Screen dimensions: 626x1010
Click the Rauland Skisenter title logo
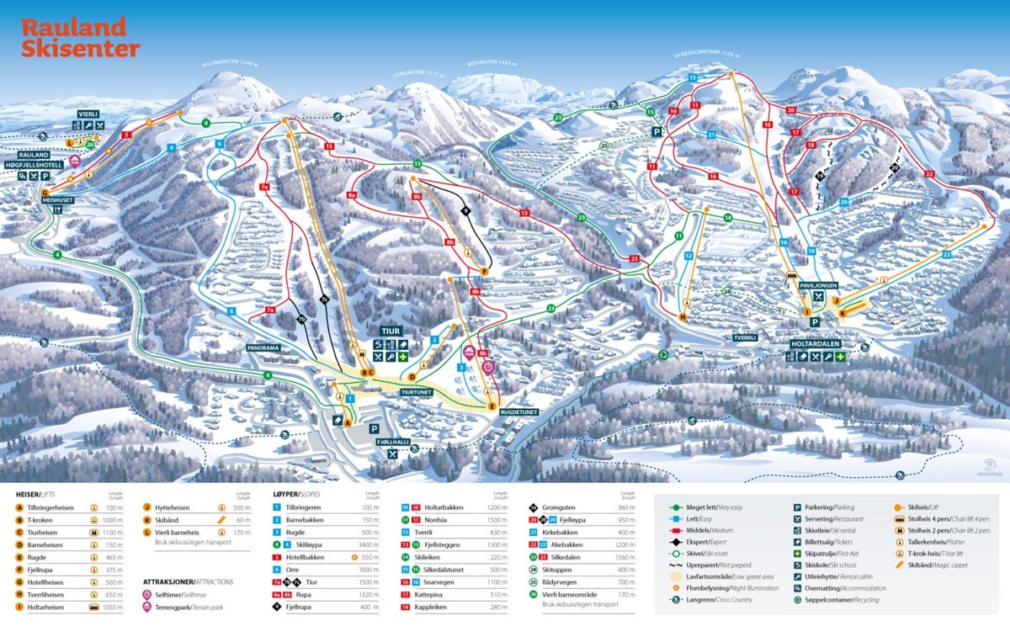80,39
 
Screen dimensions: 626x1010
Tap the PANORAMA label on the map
263,347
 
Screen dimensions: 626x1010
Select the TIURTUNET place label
417,391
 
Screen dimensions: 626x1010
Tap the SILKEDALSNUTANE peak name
705,55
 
